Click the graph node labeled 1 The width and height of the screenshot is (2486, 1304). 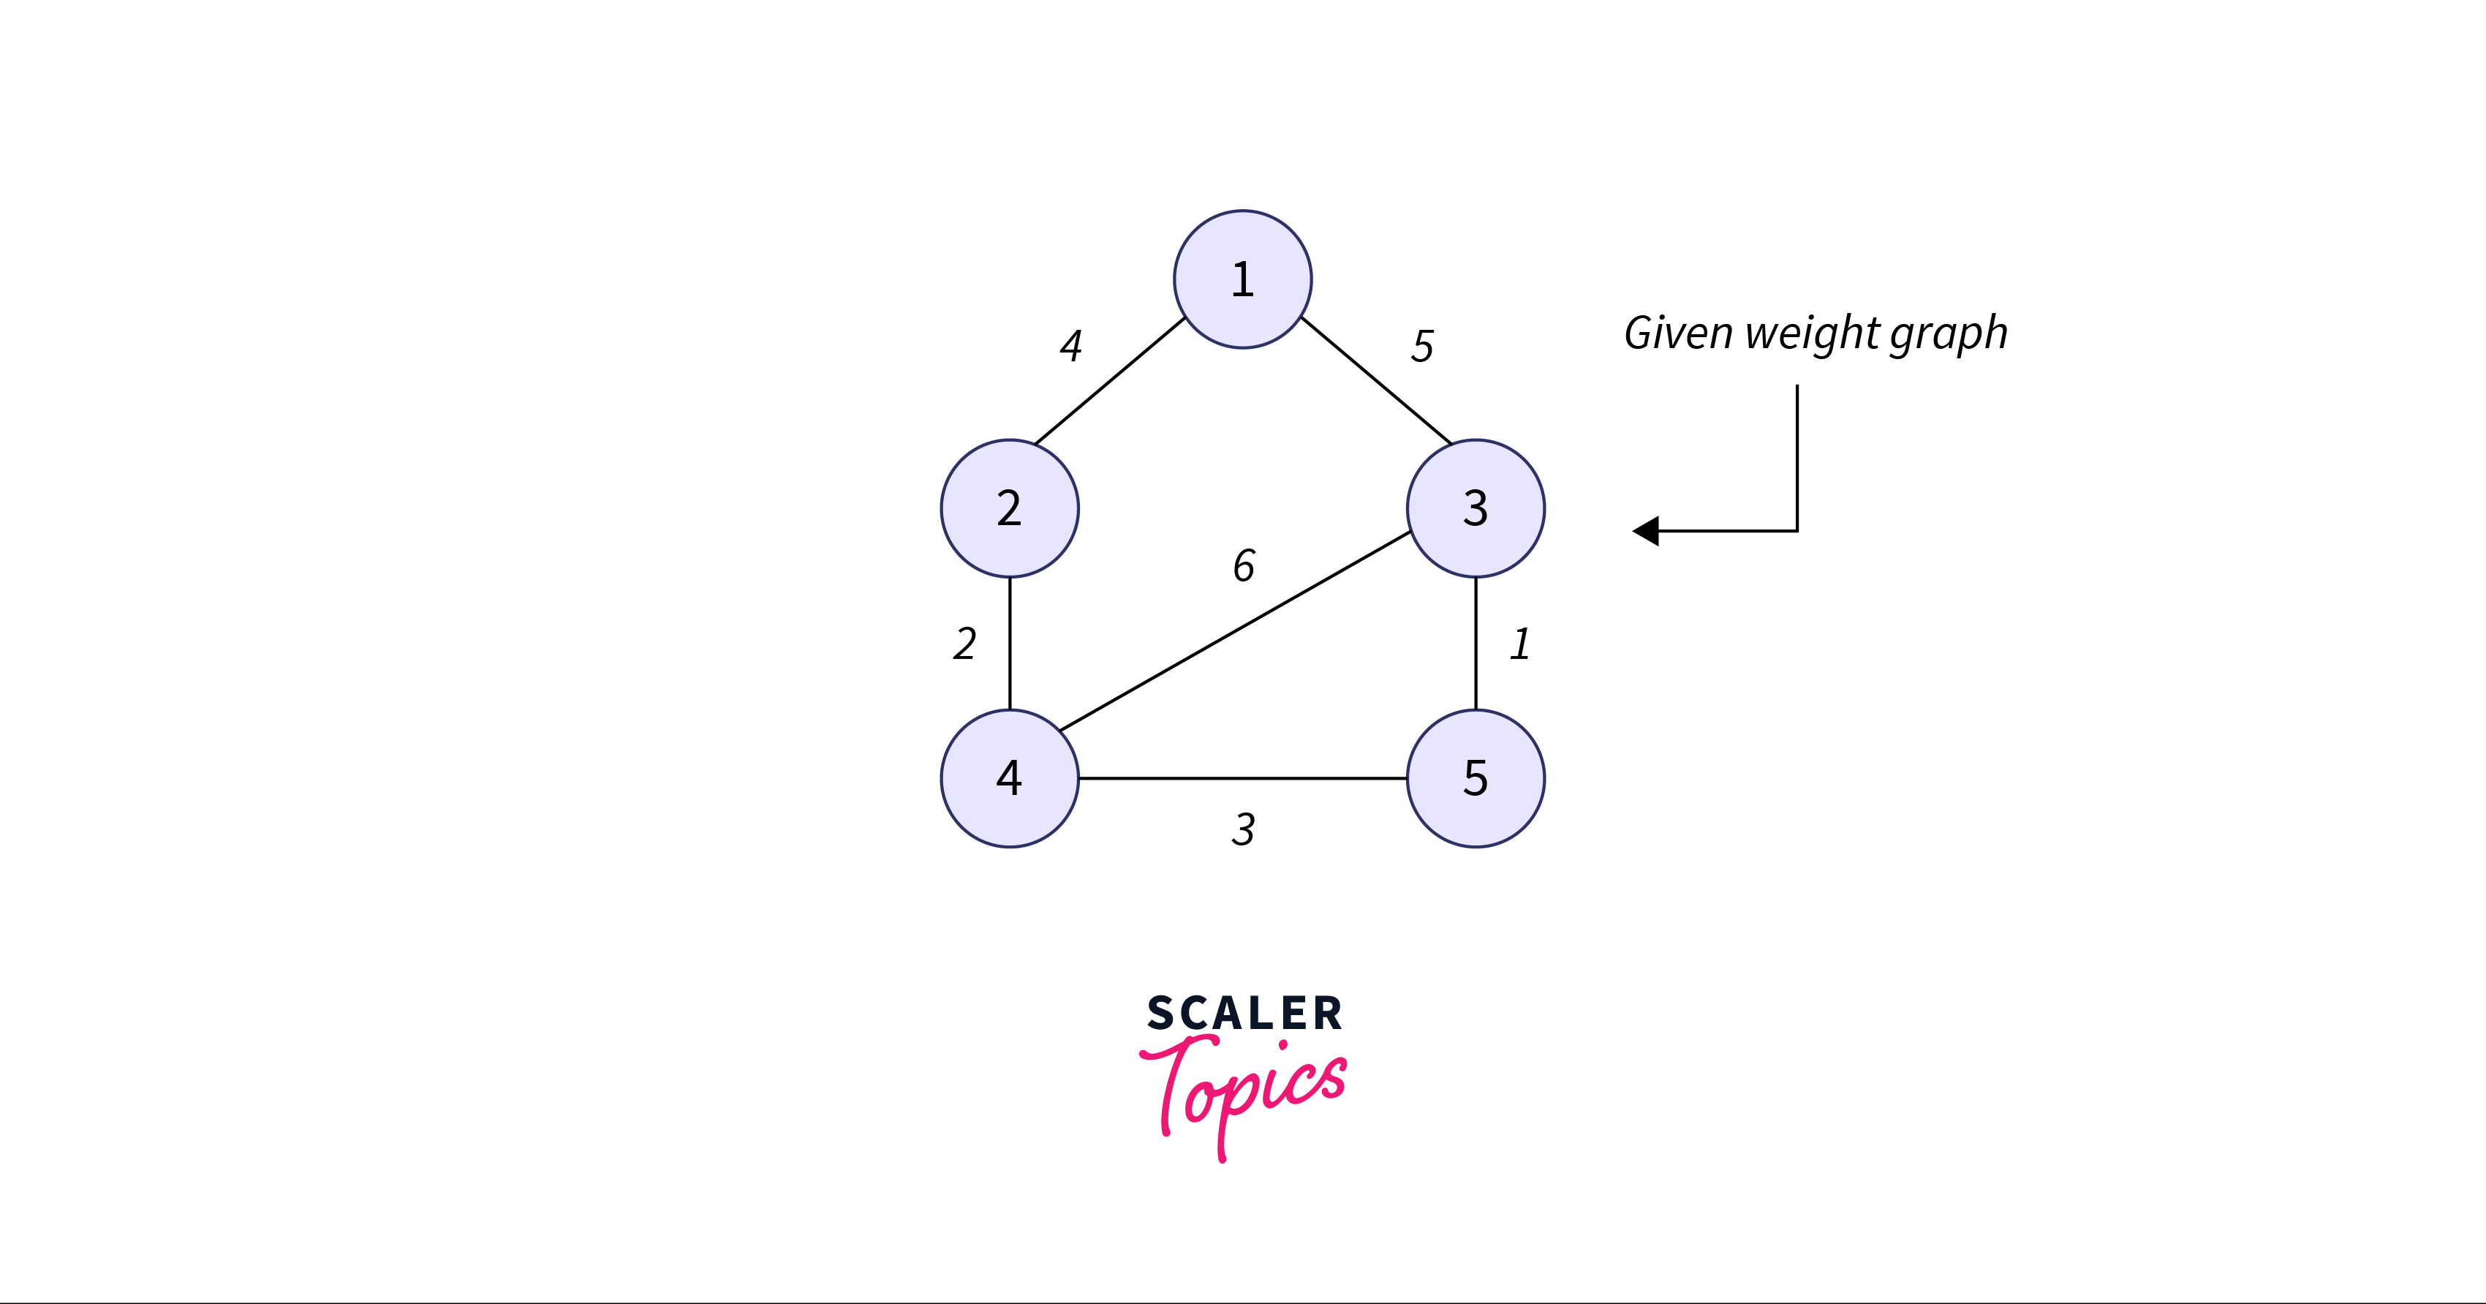[1242, 279]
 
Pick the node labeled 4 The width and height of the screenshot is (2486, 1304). [1010, 778]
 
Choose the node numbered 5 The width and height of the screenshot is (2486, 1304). [1476, 778]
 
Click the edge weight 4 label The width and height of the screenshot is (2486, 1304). [1070, 345]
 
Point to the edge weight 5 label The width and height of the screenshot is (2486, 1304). [1422, 345]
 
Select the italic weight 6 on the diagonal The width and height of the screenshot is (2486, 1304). [1244, 565]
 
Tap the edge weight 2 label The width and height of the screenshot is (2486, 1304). [964, 644]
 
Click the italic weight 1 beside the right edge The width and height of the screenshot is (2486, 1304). [1520, 644]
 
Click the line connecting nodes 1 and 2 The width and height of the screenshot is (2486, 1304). [1110, 381]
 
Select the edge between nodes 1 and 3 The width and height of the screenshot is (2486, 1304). [1376, 380]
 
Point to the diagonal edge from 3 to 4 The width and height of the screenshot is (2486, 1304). [1235, 630]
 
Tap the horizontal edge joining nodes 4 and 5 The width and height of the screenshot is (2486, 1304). [1242, 778]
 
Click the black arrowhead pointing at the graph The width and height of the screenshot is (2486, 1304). [1647, 531]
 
